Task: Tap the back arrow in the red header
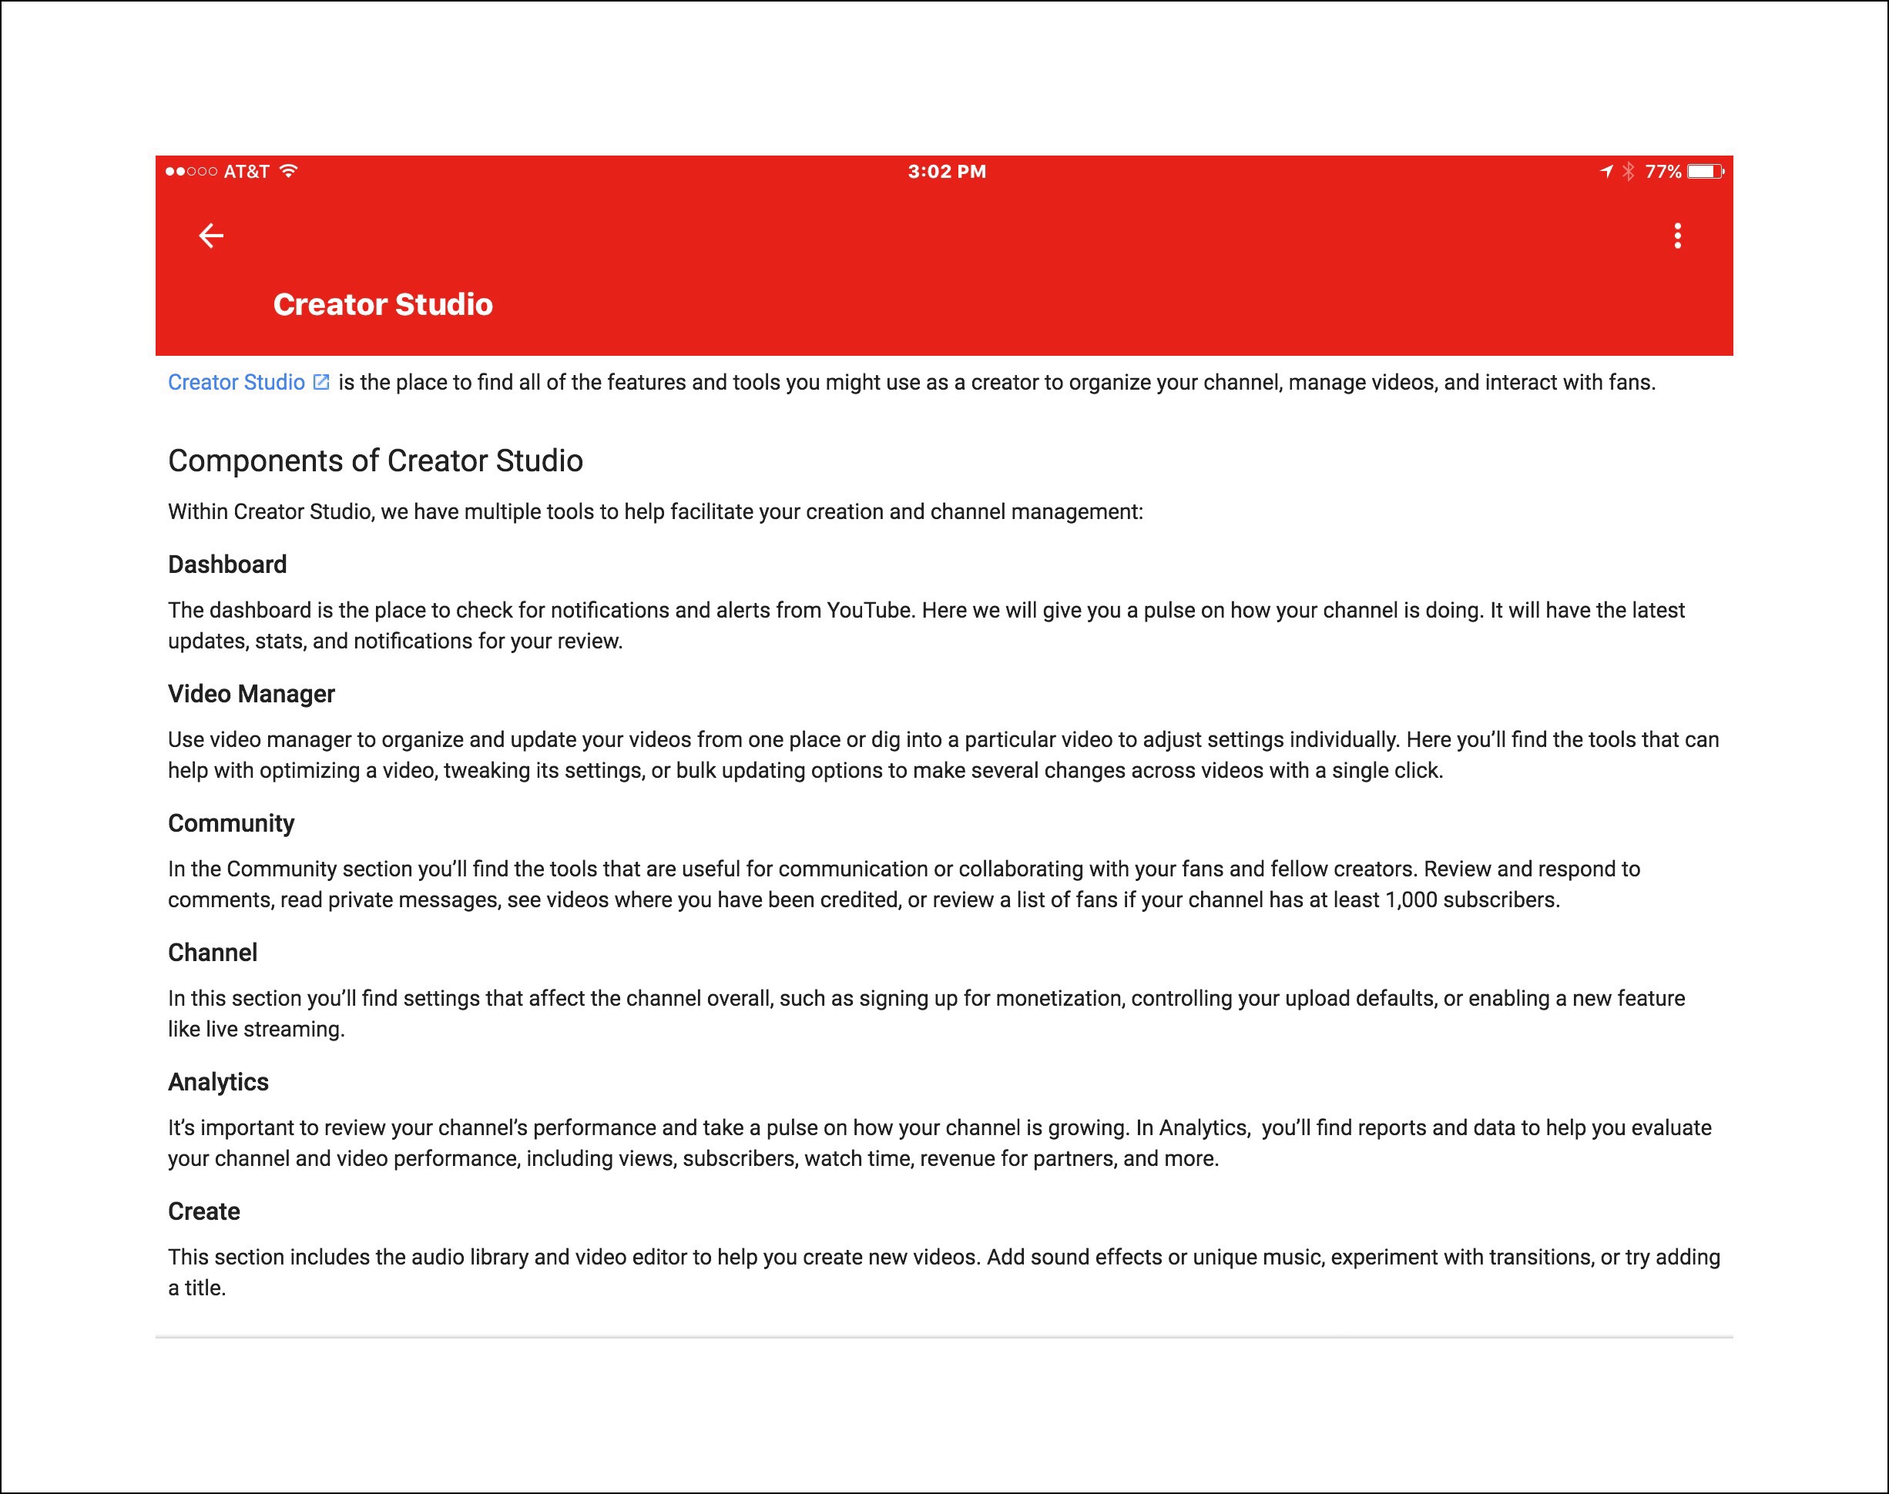point(211,236)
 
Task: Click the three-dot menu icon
point(1677,236)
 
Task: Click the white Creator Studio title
point(382,304)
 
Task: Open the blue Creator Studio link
point(237,382)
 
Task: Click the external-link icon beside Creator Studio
point(321,382)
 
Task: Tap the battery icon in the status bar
point(1704,172)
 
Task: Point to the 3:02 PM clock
point(947,172)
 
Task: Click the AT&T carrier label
point(246,172)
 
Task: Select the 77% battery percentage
point(1663,172)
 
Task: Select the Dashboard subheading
point(227,564)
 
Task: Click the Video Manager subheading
point(251,694)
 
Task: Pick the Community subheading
point(231,823)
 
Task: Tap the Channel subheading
point(213,953)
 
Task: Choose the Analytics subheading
point(218,1082)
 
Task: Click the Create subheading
point(204,1211)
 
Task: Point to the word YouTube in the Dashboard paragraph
point(870,610)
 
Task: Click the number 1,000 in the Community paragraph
point(1411,900)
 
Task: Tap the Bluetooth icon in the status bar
point(1629,172)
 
